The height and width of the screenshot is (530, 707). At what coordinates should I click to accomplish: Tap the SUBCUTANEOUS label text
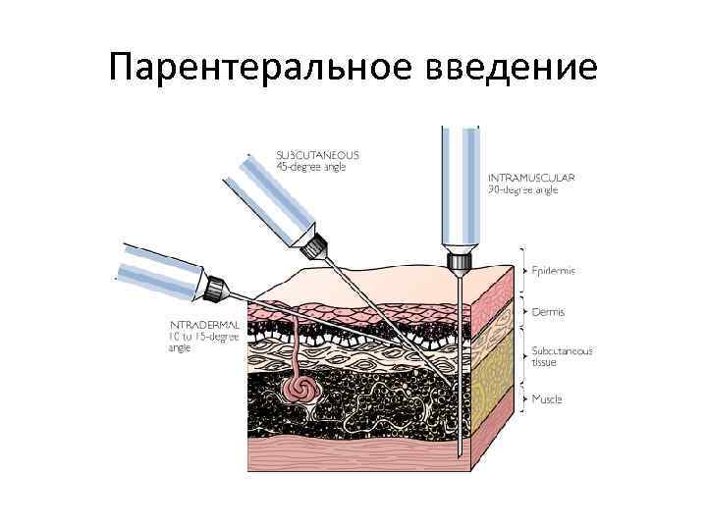(317, 155)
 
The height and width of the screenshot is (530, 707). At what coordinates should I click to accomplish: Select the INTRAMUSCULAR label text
(531, 178)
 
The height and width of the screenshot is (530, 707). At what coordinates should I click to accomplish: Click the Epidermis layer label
(554, 270)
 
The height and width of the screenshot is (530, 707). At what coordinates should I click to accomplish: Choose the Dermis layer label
(548, 312)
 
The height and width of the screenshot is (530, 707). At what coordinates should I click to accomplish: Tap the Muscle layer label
(547, 399)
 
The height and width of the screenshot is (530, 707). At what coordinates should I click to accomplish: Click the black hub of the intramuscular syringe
(458, 261)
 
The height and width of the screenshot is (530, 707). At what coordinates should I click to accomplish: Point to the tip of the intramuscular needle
(459, 453)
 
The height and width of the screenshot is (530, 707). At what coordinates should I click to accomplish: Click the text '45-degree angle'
(310, 167)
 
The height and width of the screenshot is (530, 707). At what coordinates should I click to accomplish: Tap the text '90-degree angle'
(523, 190)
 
